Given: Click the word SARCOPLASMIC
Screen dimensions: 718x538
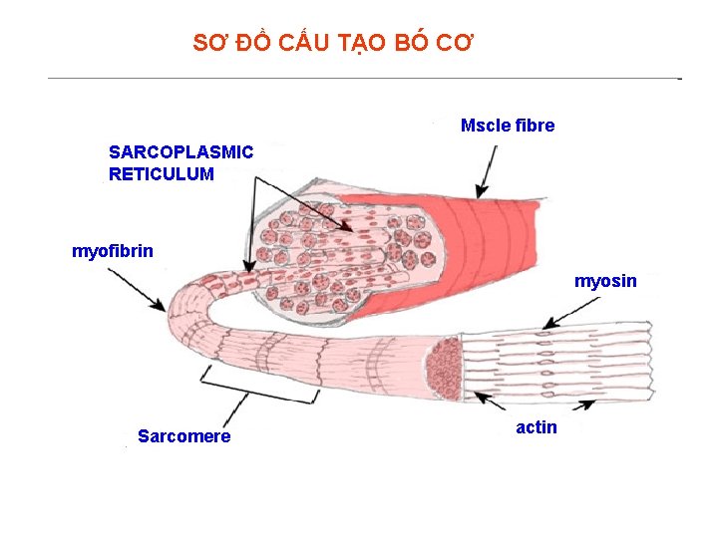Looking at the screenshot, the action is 180,152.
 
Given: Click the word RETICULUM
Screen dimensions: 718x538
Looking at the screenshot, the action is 161,174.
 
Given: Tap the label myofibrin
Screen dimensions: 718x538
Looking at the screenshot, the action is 113,250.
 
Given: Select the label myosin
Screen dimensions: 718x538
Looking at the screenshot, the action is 605,281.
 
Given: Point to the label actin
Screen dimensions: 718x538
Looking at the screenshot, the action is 537,427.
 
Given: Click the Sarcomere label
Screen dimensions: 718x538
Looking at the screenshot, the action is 183,436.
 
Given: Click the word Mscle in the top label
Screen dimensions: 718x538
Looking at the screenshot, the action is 485,126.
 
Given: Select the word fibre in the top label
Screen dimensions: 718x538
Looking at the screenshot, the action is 534,126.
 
